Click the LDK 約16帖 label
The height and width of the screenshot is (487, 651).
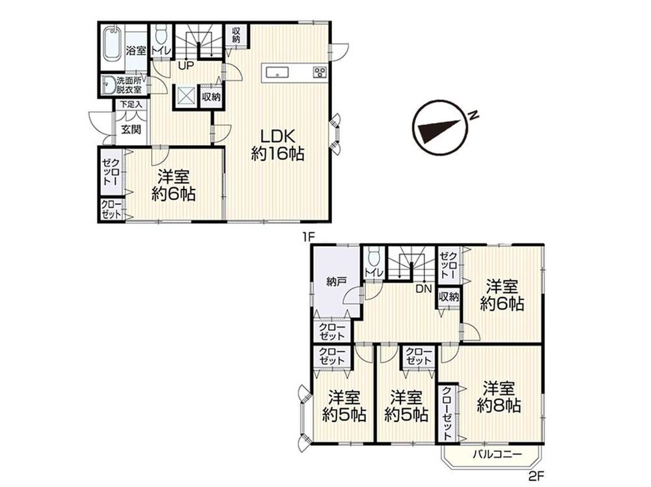278,145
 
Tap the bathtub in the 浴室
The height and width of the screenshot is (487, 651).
112,43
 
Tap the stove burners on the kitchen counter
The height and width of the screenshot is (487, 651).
320,72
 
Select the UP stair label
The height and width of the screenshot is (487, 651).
186,66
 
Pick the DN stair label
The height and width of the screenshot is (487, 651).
424,288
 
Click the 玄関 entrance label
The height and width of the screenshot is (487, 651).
132,130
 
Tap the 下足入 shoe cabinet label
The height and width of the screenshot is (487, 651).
132,105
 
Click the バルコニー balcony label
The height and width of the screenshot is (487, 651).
497,454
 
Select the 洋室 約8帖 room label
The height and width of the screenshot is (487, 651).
499,397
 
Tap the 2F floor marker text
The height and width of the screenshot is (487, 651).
536,475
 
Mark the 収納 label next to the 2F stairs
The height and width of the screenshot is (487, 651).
449,298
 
